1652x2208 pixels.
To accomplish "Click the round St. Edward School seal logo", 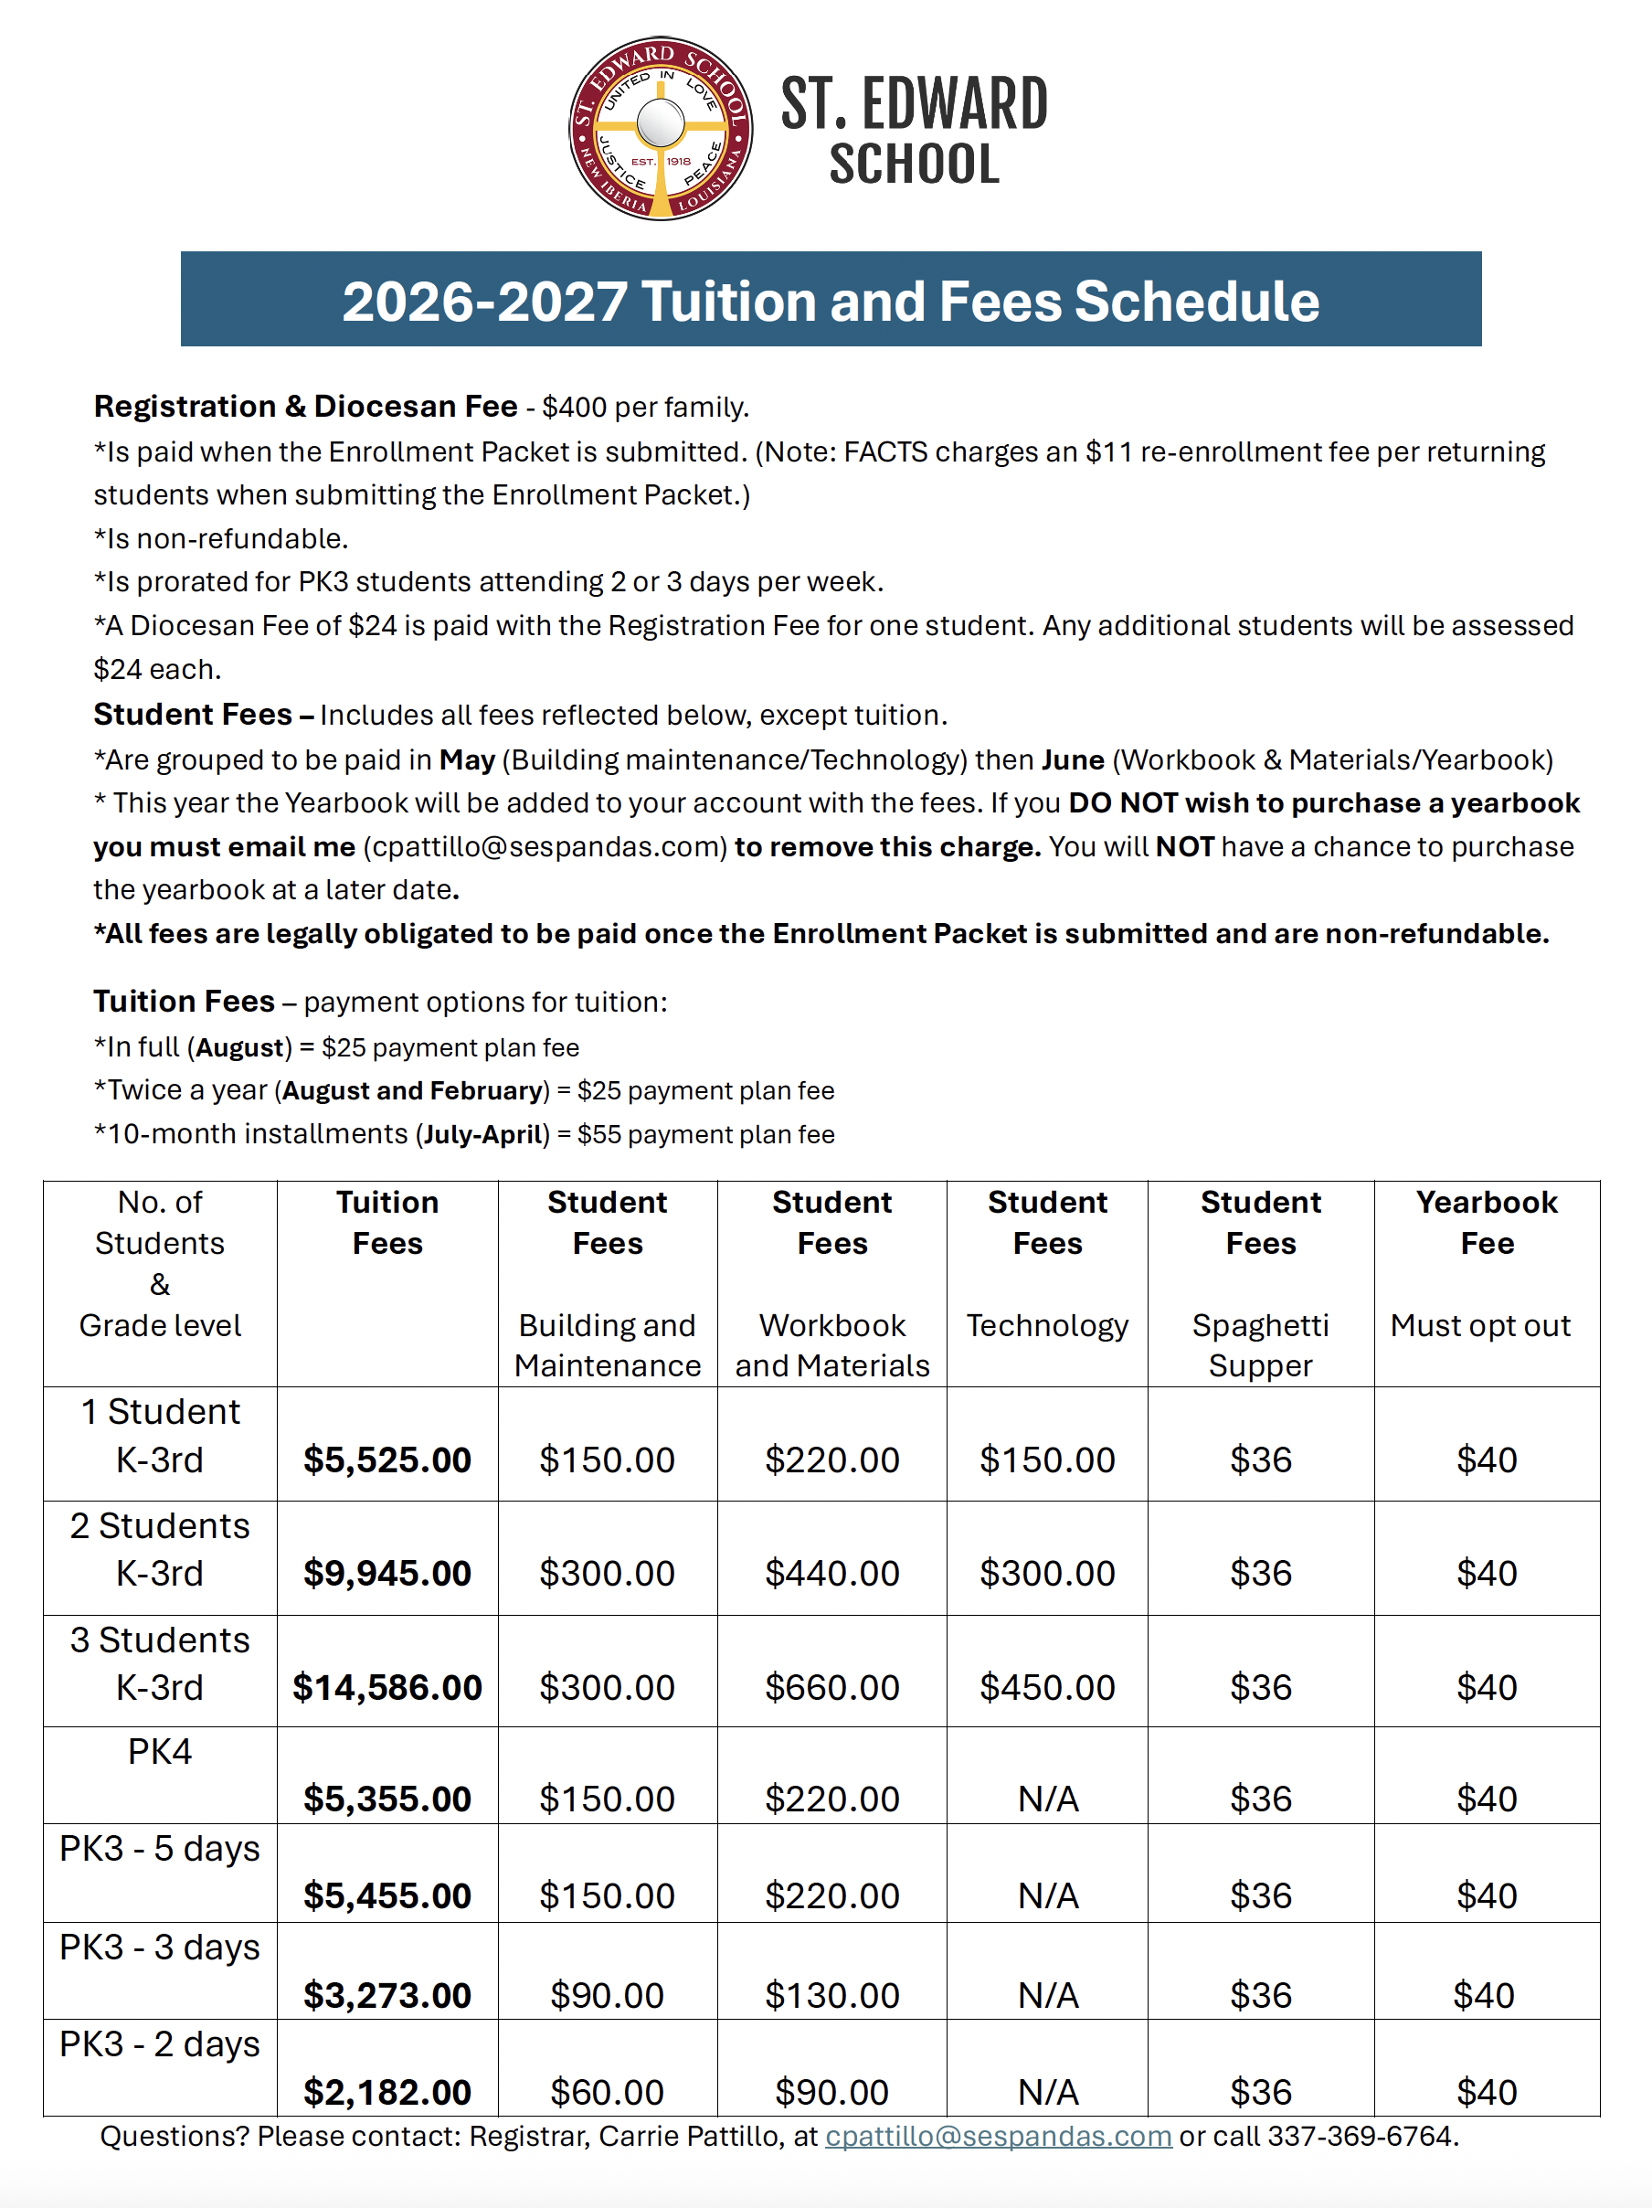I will coord(660,129).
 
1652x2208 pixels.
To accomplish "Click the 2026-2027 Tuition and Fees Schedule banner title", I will coord(830,301).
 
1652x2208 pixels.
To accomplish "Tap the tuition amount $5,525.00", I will coord(387,1459).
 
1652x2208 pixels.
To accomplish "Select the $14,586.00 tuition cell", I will coord(387,1686).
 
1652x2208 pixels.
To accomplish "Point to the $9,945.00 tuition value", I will coord(387,1572).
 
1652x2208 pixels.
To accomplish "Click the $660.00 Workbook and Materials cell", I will coord(831,1686).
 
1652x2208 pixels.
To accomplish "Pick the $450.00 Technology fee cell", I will coord(1046,1686).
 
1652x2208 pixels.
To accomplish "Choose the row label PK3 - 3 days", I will coord(160,1946).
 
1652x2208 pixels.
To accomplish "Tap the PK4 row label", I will coord(160,1751).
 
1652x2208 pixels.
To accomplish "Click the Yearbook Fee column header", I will coord(1486,1222).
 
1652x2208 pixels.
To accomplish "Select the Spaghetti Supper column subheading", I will coord(1260,1343).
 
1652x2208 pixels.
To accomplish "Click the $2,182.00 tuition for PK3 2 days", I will coord(387,2091).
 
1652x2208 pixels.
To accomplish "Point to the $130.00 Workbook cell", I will coord(831,1994).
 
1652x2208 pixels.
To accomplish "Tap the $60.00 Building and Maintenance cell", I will coord(607,2091).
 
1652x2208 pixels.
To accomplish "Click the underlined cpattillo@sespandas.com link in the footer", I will coord(997,2135).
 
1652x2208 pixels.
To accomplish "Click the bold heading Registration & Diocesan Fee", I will coord(305,407).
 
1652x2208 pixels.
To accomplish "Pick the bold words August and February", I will coord(412,1090).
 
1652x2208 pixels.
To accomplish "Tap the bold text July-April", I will coord(483,1134).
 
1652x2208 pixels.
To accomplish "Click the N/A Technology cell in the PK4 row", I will coord(1047,1798).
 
